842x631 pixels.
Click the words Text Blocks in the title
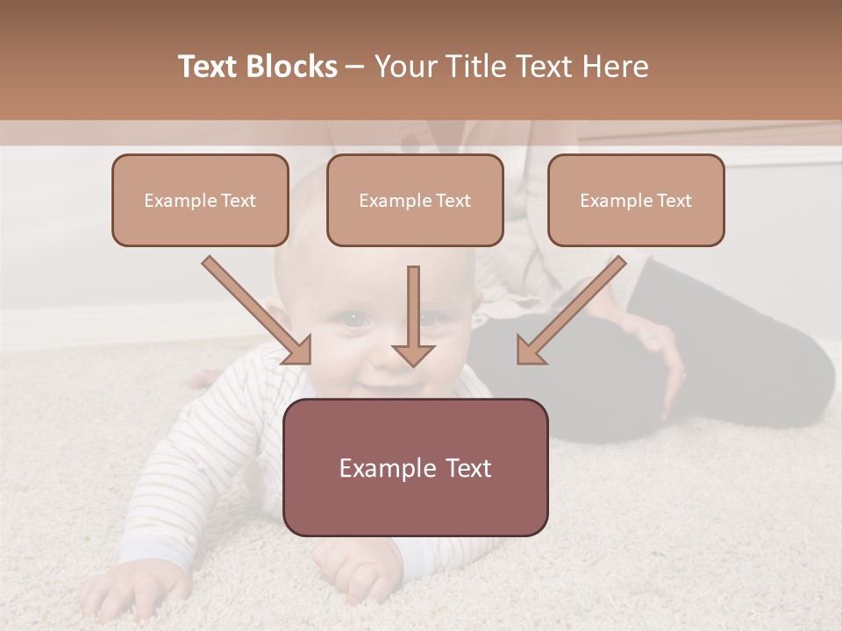(257, 67)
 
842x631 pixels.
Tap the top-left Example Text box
(200, 200)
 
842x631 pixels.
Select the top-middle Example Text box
(415, 200)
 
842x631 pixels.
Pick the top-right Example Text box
(636, 200)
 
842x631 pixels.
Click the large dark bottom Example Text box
(415, 467)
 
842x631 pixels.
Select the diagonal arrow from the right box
(574, 307)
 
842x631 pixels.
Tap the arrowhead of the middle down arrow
(413, 354)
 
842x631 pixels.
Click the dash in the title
(355, 67)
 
